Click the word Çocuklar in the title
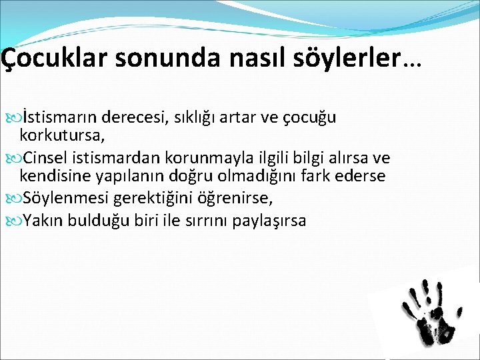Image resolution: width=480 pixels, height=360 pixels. tap(55, 58)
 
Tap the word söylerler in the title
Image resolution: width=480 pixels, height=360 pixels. tap(345, 58)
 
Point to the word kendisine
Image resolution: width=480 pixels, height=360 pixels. tap(51, 177)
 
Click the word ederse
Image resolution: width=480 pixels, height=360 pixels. tap(361, 177)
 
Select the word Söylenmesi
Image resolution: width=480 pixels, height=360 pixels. tap(66, 198)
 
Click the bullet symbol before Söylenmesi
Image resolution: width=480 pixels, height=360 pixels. tap(17, 198)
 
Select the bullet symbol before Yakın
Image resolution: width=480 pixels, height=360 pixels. tap(17, 220)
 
